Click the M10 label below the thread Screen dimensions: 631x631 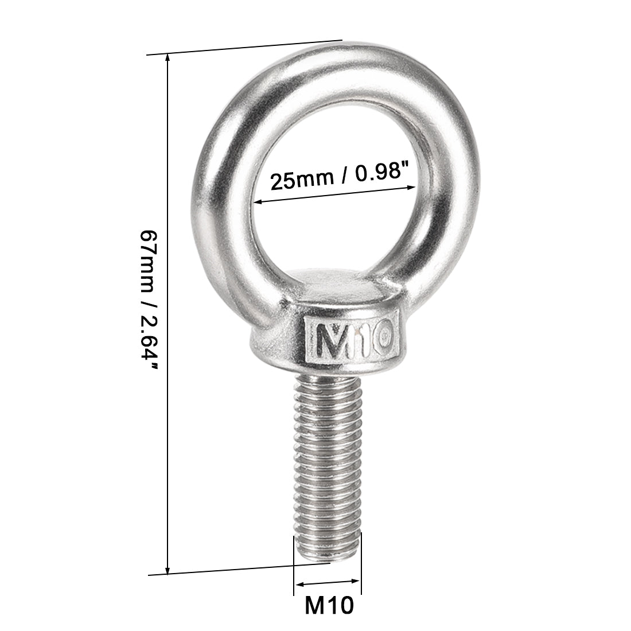tap(328, 606)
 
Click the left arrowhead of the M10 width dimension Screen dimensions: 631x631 tap(297, 586)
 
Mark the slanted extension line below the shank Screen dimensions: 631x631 tap(247, 569)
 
